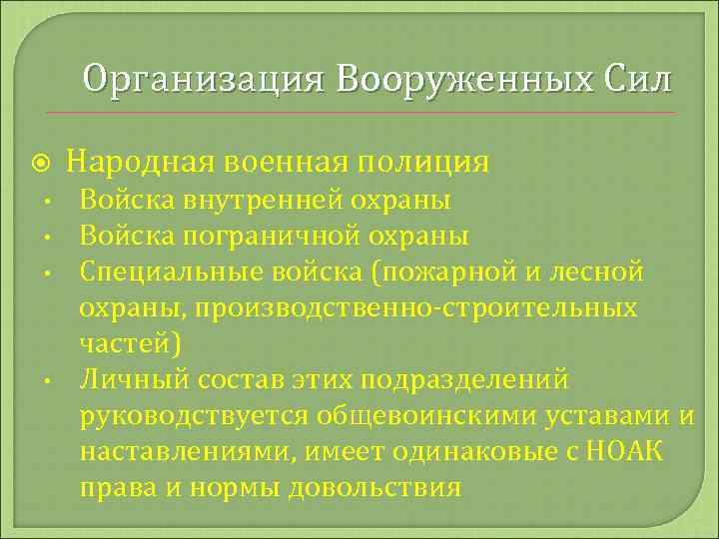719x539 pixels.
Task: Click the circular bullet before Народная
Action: tap(38, 162)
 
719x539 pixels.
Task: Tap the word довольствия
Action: tap(374, 487)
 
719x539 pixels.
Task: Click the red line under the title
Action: tap(359, 112)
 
